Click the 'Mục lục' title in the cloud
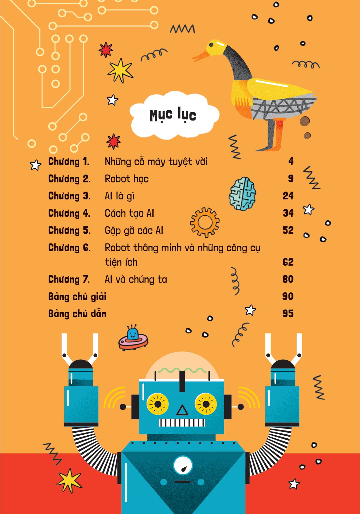coord(173,115)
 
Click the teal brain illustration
coord(243,194)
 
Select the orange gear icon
coord(205,222)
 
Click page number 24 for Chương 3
coord(288,196)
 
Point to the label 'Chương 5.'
coord(69,230)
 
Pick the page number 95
coord(288,314)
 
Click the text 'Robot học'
coord(127,179)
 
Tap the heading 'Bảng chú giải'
coord(77,297)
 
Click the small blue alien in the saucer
coord(133,335)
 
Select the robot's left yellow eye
coord(158,404)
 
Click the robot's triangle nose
coord(182,410)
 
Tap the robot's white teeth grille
coord(182,423)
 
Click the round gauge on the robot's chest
coord(183,465)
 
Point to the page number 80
coord(288,279)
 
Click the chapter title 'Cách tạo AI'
coord(129,213)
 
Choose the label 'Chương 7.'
coord(69,280)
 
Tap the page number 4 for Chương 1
coord(291,161)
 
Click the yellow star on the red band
coord(69,480)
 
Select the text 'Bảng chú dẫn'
coord(77,314)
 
